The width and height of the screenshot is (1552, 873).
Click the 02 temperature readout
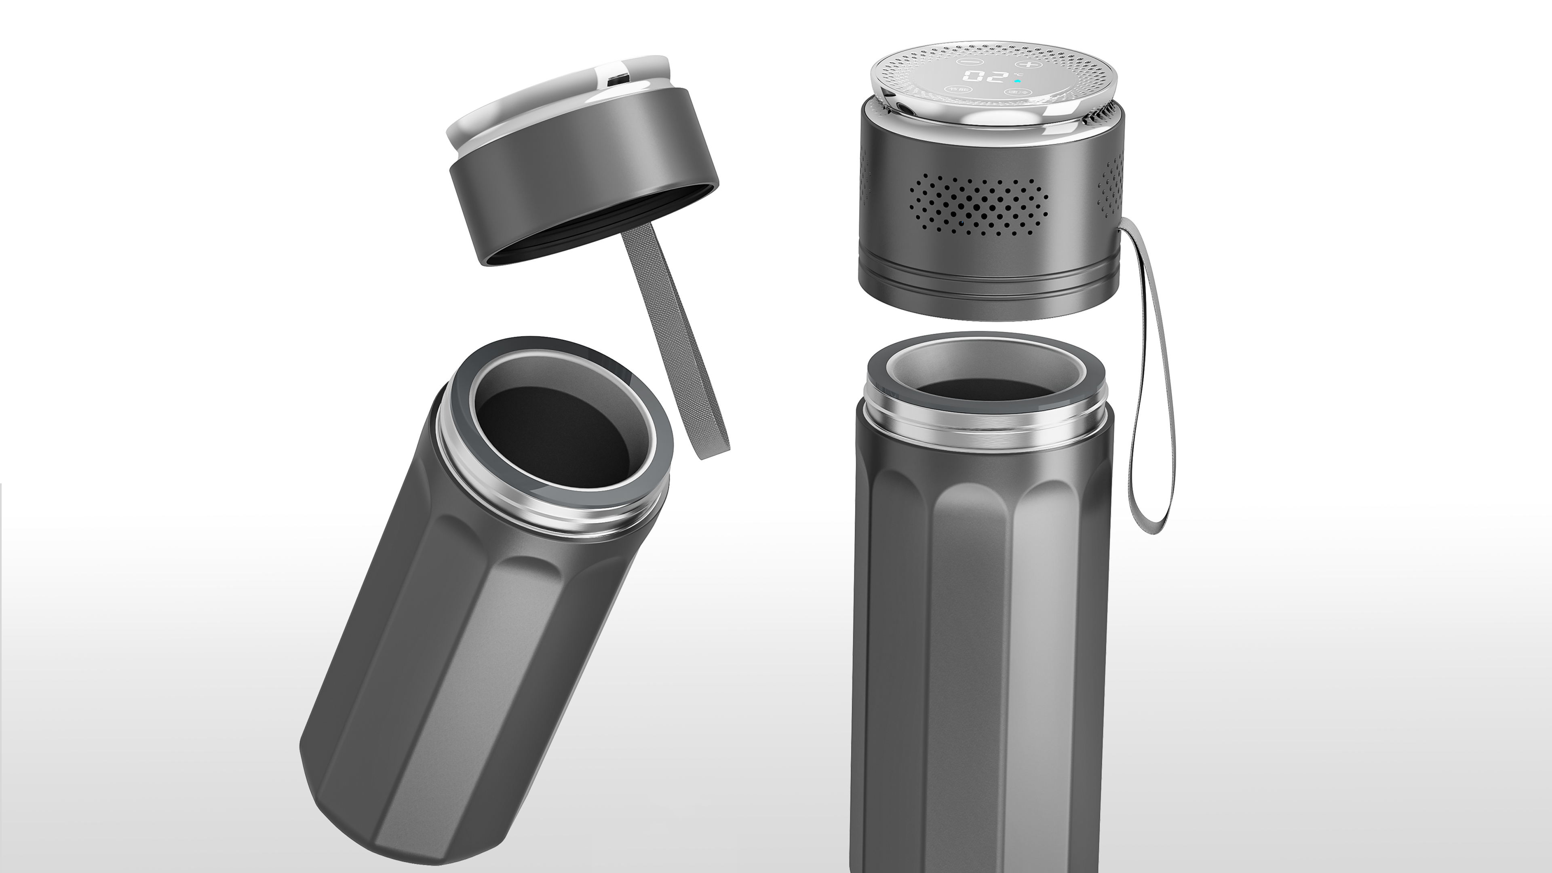[x=985, y=76]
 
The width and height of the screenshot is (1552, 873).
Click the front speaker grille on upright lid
[x=978, y=205]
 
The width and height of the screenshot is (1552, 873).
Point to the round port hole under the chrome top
[x=901, y=107]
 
